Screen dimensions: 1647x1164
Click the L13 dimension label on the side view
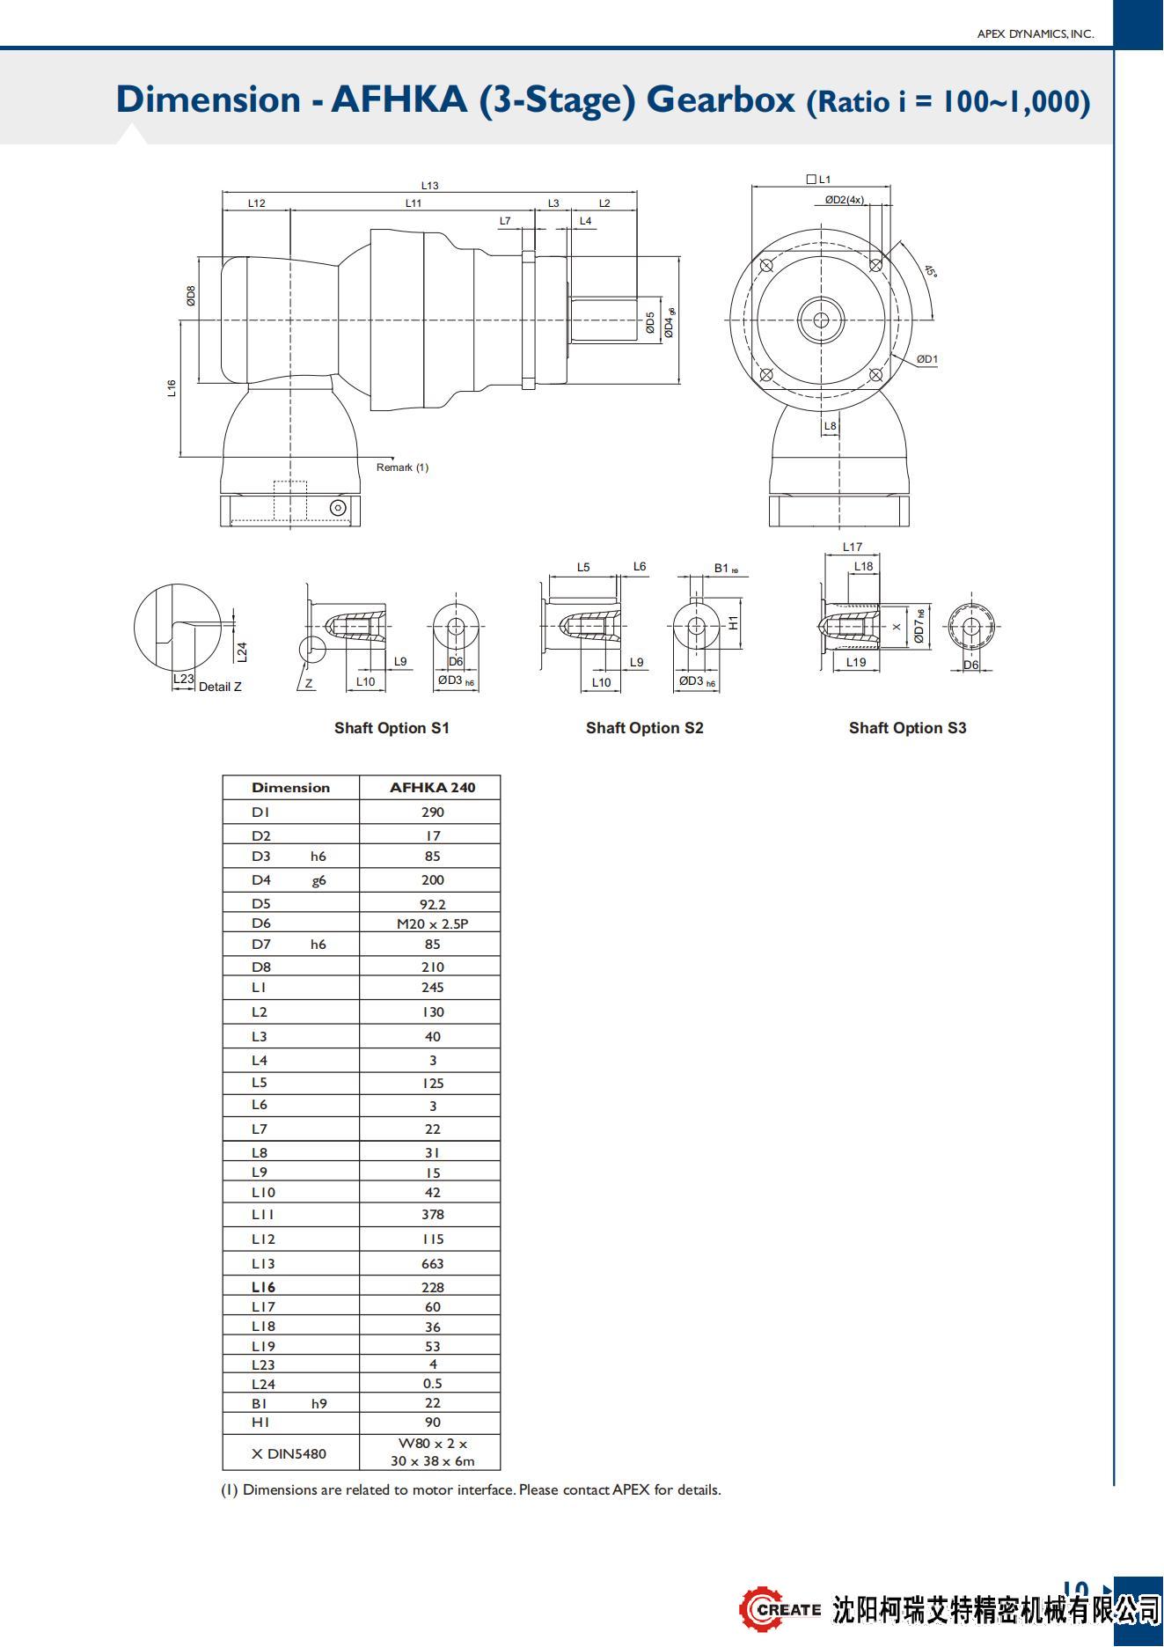coord(429,186)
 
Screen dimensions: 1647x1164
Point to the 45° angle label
coord(931,271)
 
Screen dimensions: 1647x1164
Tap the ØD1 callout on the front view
coord(927,359)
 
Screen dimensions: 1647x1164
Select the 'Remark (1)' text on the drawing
coord(402,467)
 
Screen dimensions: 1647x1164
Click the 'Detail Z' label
coord(220,687)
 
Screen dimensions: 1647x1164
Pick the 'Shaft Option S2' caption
coord(644,728)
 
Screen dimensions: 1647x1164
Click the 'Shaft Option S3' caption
coord(907,728)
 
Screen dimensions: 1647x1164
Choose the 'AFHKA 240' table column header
coord(432,788)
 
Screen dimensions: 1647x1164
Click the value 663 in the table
coord(432,1263)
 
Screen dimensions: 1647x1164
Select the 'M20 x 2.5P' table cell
coord(432,923)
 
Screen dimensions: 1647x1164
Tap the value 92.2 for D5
coord(432,904)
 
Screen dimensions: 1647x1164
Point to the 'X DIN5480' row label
coord(289,1454)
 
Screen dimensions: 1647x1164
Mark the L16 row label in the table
coord(263,1287)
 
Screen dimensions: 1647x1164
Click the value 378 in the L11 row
coord(432,1215)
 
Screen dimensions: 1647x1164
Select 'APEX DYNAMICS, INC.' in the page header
coord(1036,34)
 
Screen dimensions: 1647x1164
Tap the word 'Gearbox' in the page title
coord(721,99)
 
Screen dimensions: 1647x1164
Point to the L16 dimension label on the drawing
coord(172,388)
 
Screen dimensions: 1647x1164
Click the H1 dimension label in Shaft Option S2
coord(734,622)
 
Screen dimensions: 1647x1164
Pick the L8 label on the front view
coord(831,426)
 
